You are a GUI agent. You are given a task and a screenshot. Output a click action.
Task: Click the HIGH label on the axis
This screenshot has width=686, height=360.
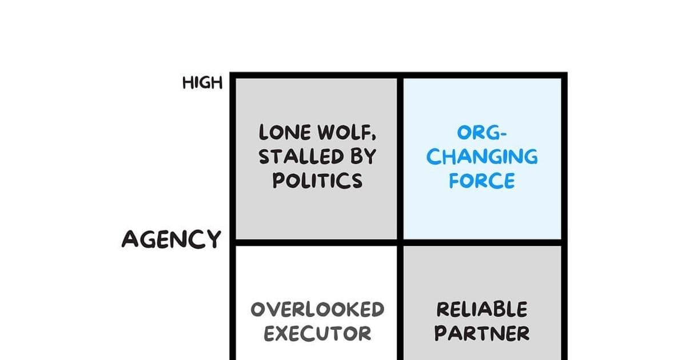[x=202, y=83]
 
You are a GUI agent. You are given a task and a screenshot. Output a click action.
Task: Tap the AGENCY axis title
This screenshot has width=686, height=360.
[x=171, y=239]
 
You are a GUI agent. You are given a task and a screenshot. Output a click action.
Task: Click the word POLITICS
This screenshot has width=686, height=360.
[x=317, y=181]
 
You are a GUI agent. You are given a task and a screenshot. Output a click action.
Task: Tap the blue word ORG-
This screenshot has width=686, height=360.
[x=482, y=133]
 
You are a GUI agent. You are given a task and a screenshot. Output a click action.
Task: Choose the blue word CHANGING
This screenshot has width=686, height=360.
[x=482, y=157]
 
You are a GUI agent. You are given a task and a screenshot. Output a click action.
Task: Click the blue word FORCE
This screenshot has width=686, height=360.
[x=482, y=181]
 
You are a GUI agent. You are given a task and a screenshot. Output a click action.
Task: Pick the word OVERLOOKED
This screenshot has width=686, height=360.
[x=317, y=310]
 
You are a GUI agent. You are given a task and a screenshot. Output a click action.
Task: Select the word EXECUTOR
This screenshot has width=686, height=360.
[x=317, y=333]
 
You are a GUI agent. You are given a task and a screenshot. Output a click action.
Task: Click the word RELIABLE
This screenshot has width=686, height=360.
[x=482, y=310]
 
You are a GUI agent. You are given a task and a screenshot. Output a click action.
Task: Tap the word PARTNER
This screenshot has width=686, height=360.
[x=482, y=333]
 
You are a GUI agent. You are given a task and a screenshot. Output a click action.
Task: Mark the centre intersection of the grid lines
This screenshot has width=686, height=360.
[x=401, y=243]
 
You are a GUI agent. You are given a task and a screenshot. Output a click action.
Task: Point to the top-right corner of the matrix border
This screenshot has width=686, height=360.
[x=564, y=75]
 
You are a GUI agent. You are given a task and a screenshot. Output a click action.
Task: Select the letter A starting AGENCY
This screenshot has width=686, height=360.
[x=131, y=239]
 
